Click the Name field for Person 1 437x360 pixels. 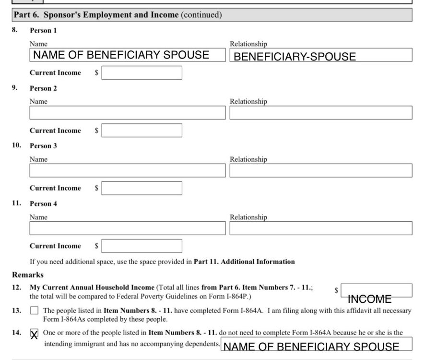tap(127, 55)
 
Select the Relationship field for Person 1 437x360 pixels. tap(320, 55)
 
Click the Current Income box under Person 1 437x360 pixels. tap(142, 73)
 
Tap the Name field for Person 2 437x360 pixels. tap(127, 113)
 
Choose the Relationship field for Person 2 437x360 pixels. tap(320, 113)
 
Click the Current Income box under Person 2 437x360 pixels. tap(142, 131)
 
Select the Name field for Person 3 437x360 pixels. tap(127, 170)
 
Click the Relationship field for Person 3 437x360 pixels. tap(320, 170)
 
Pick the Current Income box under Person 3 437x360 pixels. tap(142, 188)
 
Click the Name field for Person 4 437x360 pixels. tap(127, 228)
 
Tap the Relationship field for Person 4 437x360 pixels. tap(320, 228)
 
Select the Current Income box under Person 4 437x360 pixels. tap(142, 246)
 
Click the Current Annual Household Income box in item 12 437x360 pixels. tap(376, 290)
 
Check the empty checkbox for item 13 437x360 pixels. tap(34, 311)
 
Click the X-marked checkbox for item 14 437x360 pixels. tap(34, 333)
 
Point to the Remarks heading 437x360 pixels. tap(28, 275)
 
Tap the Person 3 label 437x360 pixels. tap(43, 146)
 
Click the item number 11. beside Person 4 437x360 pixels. tap(17, 203)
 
